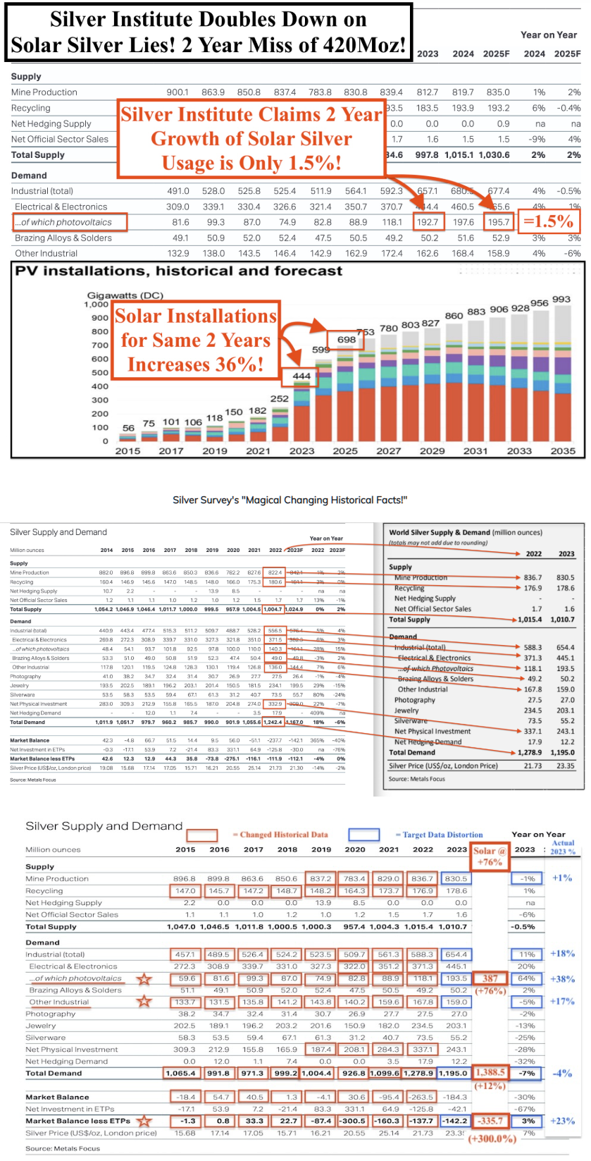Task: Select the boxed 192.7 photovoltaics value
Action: pyautogui.click(x=428, y=221)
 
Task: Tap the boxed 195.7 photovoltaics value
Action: pyautogui.click(x=498, y=221)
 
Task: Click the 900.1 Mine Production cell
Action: pyautogui.click(x=178, y=92)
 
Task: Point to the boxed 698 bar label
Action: pyautogui.click(x=347, y=340)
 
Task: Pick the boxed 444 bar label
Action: pyautogui.click(x=301, y=376)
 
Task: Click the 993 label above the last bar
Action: pyautogui.click(x=561, y=300)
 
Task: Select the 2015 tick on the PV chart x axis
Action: pyautogui.click(x=127, y=451)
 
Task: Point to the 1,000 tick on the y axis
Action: pyautogui.click(x=97, y=305)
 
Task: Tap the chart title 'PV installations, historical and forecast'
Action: pyautogui.click(x=179, y=271)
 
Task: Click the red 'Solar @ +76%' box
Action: pyautogui.click(x=488, y=856)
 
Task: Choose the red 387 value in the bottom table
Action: pyautogui.click(x=490, y=978)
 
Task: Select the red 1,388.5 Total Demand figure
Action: pyautogui.click(x=490, y=1072)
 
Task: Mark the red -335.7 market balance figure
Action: pyautogui.click(x=490, y=1120)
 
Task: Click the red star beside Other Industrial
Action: pyautogui.click(x=144, y=1001)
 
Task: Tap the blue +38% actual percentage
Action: pyautogui.click(x=562, y=978)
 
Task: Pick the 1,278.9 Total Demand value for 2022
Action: pyautogui.click(x=531, y=752)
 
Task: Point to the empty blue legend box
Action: pyautogui.click(x=363, y=835)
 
